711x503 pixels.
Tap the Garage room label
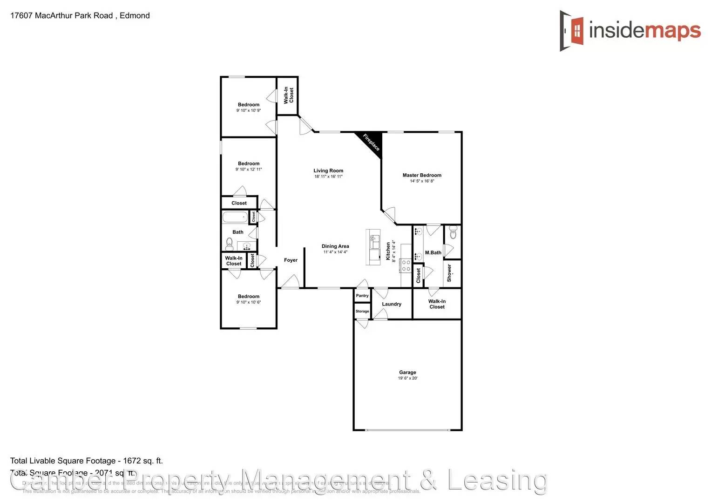click(x=407, y=372)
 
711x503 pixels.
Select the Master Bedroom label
click(x=422, y=175)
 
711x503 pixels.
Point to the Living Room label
click(x=328, y=171)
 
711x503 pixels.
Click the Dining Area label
click(x=335, y=246)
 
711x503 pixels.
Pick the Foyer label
click(x=291, y=260)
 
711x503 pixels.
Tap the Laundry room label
click(x=392, y=304)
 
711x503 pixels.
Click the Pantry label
click(x=362, y=296)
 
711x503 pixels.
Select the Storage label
click(x=362, y=311)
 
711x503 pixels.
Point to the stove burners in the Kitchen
click(x=406, y=266)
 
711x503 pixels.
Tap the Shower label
click(x=449, y=273)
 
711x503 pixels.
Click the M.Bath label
click(x=433, y=253)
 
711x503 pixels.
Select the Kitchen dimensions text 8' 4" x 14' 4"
click(x=394, y=251)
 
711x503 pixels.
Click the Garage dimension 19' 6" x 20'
click(x=407, y=378)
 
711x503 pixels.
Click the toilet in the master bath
click(x=453, y=232)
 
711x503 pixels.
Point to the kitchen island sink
click(x=372, y=243)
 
